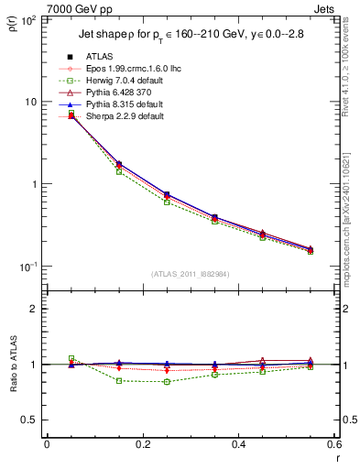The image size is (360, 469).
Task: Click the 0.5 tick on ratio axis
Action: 33,420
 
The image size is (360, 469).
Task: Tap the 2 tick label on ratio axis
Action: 37,309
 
